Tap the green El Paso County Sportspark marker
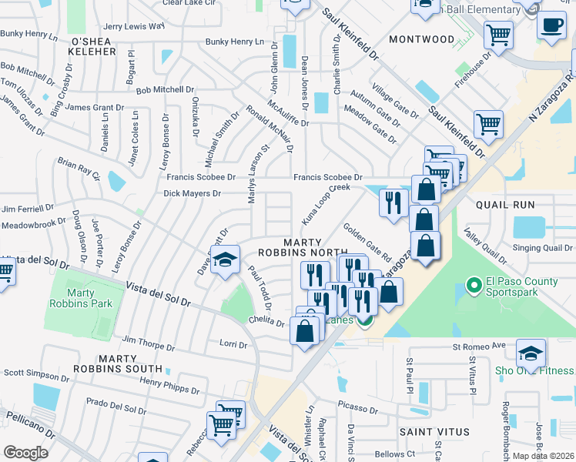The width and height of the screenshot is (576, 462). pyautogui.click(x=474, y=287)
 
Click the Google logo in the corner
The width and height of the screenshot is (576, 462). pyautogui.click(x=25, y=453)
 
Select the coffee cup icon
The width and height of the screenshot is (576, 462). pyautogui.click(x=551, y=25)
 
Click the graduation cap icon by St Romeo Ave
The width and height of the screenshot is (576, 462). pyautogui.click(x=531, y=353)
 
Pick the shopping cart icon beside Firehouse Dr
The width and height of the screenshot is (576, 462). pyautogui.click(x=498, y=34)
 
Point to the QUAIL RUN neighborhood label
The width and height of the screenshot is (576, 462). pyautogui.click(x=505, y=205)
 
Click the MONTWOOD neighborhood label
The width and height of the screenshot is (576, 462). pyautogui.click(x=421, y=39)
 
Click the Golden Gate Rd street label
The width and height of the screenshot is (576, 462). pyautogui.click(x=367, y=242)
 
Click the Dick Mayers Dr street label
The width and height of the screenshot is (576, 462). pyautogui.click(x=193, y=193)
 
